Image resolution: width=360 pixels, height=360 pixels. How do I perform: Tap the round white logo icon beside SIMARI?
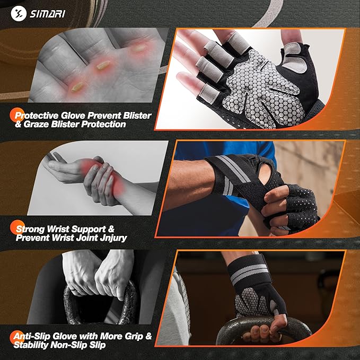[21, 13]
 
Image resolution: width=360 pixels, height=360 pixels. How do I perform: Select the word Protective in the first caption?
[37, 115]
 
